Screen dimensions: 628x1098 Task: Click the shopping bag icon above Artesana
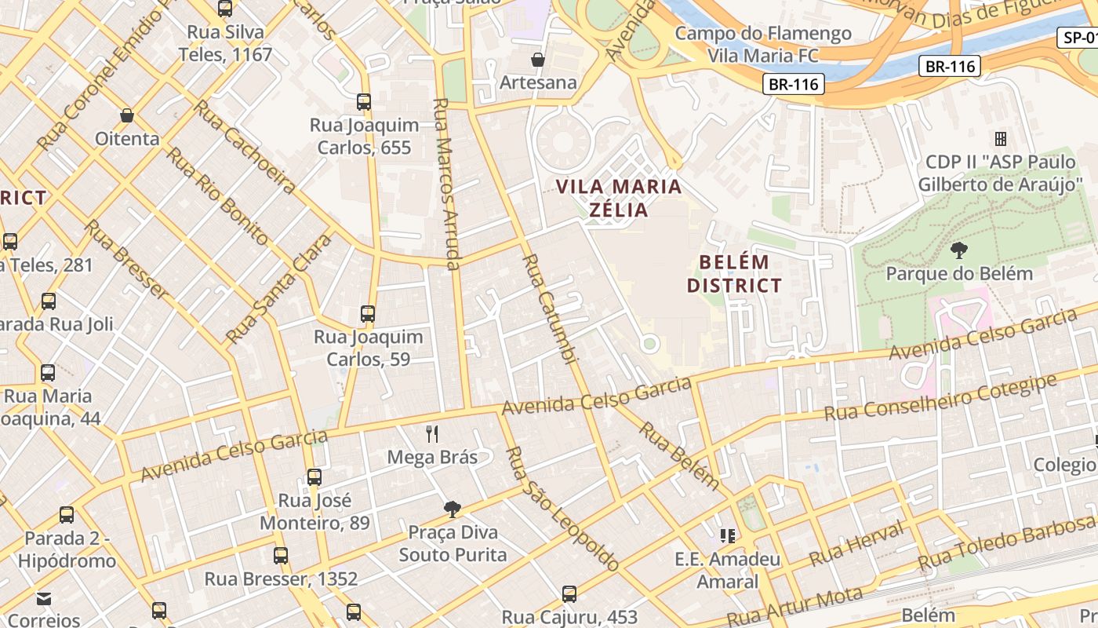(x=538, y=60)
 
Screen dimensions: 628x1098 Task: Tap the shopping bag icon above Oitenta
(x=127, y=116)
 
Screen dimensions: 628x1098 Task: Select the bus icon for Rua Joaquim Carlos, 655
(x=364, y=102)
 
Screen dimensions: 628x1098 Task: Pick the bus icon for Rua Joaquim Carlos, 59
(x=368, y=314)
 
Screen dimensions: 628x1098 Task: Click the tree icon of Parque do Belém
(x=958, y=251)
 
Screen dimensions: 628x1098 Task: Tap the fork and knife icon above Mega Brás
(x=431, y=434)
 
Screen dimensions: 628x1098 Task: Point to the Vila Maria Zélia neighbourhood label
(x=619, y=198)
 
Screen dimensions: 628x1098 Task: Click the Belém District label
(x=734, y=273)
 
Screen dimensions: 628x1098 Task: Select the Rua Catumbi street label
(x=551, y=309)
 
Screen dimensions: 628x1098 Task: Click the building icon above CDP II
(x=1001, y=139)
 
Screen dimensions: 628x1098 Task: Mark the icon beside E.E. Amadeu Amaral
(x=728, y=536)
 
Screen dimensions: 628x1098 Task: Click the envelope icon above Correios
(x=44, y=599)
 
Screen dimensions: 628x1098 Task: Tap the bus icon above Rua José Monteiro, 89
(x=314, y=477)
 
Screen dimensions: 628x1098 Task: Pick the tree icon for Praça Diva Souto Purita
(x=452, y=509)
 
